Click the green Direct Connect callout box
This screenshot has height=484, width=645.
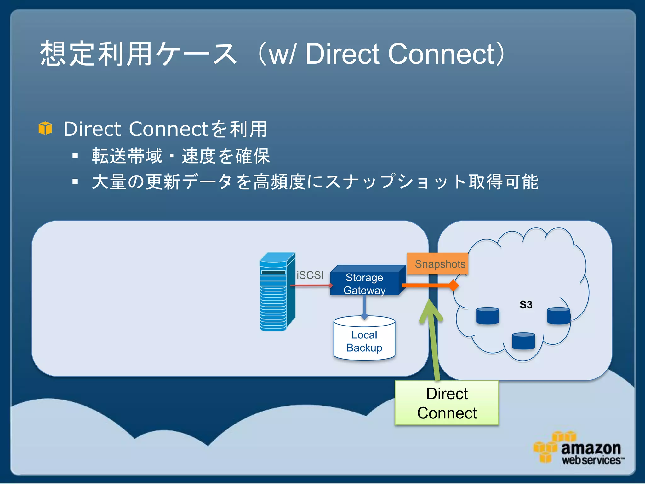447,403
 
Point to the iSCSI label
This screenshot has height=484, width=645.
310,275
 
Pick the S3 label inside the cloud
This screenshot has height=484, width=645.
526,305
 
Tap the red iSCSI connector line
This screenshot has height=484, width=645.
310,285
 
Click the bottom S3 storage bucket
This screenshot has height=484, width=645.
523,341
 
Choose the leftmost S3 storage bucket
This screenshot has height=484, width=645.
487,316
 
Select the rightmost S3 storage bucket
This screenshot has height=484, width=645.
558,316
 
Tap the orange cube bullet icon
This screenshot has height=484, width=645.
45,128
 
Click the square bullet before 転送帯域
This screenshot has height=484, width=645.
75,156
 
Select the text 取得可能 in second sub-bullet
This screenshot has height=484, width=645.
503,182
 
